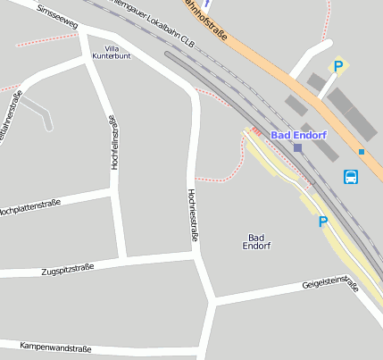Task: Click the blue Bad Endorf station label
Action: tap(298, 135)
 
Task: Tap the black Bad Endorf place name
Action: tap(256, 241)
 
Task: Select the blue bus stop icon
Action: tap(352, 177)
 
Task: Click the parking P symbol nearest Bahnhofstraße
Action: tap(338, 65)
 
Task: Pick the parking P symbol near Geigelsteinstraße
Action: tap(323, 222)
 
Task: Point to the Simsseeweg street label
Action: tap(55, 15)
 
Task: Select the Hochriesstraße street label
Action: tap(193, 215)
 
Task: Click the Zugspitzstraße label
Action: tap(68, 270)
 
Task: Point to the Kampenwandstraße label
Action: tap(55, 346)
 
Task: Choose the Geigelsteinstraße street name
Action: tap(330, 286)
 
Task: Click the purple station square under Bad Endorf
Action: tap(297, 147)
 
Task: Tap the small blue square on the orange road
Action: tap(362, 152)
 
